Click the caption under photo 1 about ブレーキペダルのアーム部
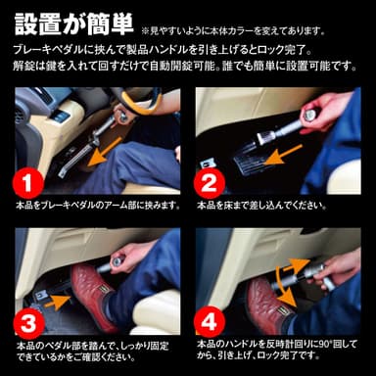point(98,207)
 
